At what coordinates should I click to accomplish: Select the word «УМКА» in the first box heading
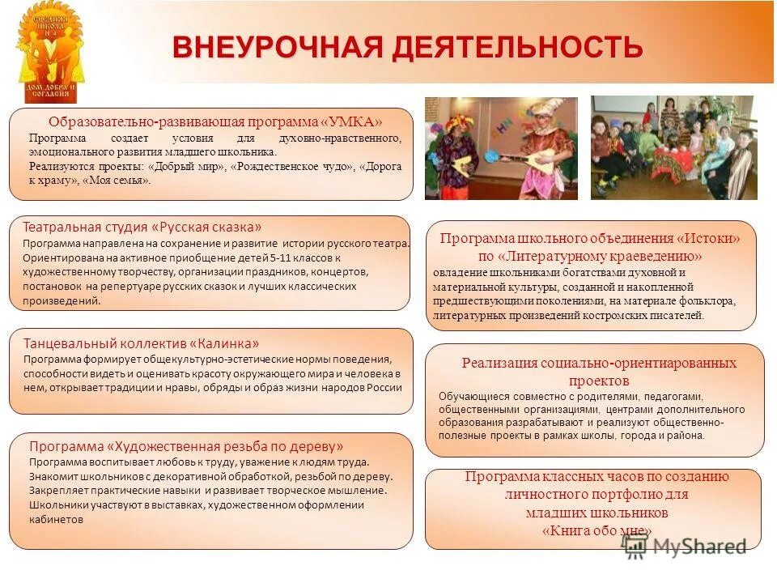pyautogui.click(x=351, y=122)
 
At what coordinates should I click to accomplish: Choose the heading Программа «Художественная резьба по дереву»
pyautogui.click(x=186, y=446)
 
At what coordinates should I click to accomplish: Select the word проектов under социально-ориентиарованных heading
pyautogui.click(x=598, y=380)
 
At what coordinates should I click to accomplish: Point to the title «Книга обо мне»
pyautogui.click(x=597, y=530)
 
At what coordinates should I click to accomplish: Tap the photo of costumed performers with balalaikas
pyautogui.click(x=501, y=148)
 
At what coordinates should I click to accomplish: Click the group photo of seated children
pyautogui.click(x=673, y=147)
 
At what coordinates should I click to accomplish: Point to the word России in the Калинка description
pyautogui.click(x=384, y=387)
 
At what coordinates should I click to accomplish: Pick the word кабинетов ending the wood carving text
pyautogui.click(x=56, y=519)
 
